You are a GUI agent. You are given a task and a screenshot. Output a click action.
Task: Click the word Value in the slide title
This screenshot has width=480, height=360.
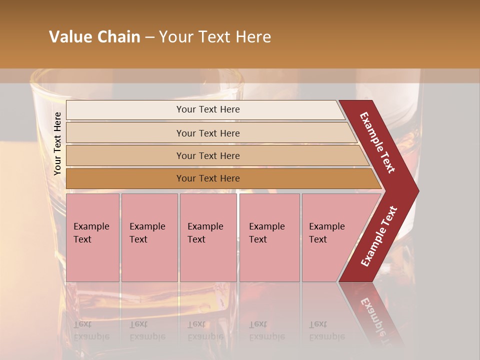coord(69,37)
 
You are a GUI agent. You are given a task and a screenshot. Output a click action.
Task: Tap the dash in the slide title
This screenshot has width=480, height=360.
coord(149,37)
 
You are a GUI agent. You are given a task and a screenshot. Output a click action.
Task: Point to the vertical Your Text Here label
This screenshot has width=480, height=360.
coord(57,143)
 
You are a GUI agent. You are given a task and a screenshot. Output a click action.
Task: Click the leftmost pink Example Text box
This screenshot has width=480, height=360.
coord(92,237)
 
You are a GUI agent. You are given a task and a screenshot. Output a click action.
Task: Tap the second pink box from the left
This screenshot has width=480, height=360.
coord(149,237)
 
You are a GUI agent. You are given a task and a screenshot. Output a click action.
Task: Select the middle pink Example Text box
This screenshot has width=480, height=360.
coord(208,237)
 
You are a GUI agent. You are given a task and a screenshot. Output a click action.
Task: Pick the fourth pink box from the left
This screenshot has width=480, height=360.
coord(269,237)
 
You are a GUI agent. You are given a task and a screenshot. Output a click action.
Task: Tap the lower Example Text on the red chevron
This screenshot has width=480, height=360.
coord(379,236)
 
